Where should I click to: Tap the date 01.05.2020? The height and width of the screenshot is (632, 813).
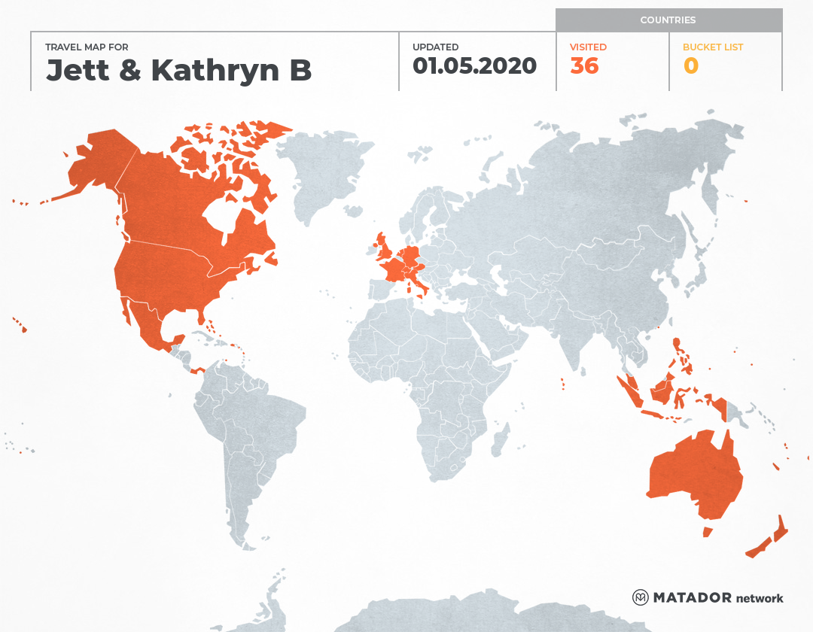pos(474,66)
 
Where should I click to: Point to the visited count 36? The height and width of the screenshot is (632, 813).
pos(584,66)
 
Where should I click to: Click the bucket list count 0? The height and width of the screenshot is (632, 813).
pos(690,66)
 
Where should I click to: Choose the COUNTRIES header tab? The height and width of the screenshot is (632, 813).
pos(668,20)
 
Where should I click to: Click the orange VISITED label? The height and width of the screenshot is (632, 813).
pos(588,47)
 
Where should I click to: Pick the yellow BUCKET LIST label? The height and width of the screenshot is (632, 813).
pos(712,47)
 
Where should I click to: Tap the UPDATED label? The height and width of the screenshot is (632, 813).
pos(435,47)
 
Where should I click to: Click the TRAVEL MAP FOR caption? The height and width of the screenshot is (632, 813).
pos(87,47)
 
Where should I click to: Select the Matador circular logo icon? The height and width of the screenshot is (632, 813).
pos(641,597)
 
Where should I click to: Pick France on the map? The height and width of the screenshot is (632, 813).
pos(394,269)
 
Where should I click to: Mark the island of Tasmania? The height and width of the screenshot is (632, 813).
pos(708,532)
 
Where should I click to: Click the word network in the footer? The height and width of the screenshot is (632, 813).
pos(759,599)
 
